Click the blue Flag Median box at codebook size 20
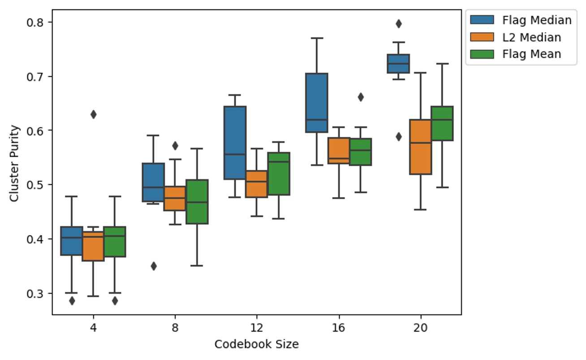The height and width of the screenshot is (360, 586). [x=398, y=64]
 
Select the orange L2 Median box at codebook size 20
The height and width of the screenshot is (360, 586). [x=420, y=147]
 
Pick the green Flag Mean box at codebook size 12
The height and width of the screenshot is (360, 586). [x=279, y=174]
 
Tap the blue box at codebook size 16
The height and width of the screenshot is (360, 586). [x=317, y=103]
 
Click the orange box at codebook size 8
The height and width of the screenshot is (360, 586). [x=175, y=198]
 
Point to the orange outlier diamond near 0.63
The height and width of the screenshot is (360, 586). [x=93, y=114]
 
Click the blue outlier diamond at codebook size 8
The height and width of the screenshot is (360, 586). [x=154, y=266]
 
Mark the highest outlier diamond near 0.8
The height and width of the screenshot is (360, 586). [x=398, y=23]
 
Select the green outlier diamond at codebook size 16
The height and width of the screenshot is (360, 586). [x=361, y=97]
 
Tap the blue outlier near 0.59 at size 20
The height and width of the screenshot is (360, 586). [x=398, y=137]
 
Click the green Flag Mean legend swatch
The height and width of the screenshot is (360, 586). [x=482, y=54]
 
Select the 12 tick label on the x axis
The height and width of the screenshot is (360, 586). [x=257, y=327]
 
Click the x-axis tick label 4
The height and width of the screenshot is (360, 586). [x=93, y=327]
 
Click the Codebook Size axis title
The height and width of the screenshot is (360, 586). [x=256, y=344]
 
